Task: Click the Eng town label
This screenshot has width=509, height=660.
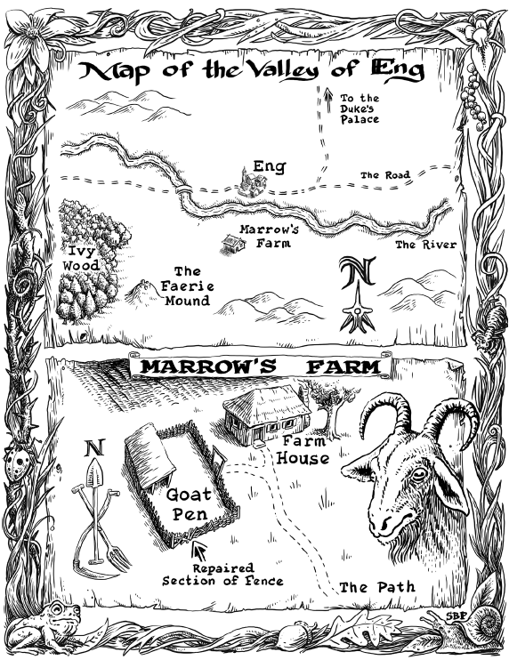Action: [268, 166]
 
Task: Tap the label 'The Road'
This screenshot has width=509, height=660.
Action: [384, 175]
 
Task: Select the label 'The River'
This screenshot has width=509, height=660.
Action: [425, 245]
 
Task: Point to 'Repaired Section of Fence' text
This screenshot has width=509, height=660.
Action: [222, 574]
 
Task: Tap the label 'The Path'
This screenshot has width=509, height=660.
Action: [378, 587]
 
